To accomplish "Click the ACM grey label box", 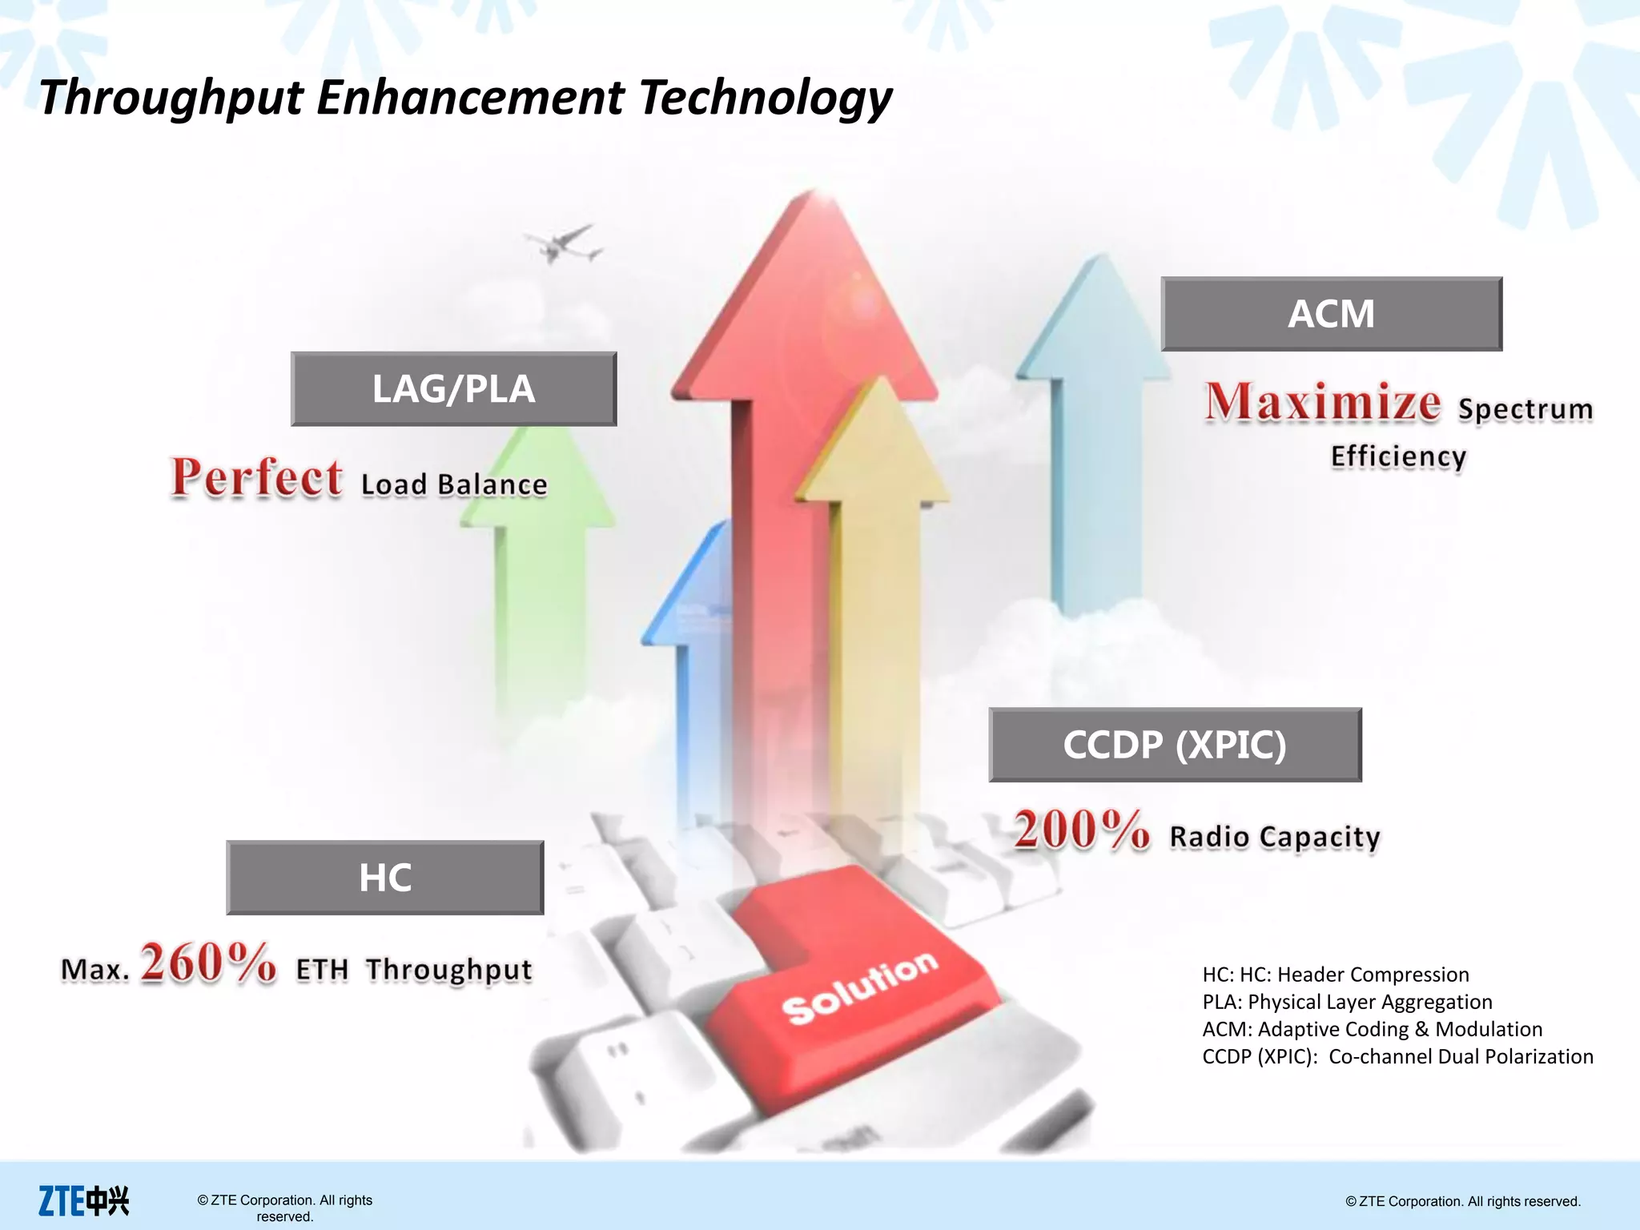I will click(1331, 314).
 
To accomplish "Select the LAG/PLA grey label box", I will click(453, 389).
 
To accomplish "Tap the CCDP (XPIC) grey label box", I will click(1175, 745).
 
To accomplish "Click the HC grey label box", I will click(385, 878).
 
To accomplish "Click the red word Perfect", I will click(257, 478).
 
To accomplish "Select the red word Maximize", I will click(1323, 403).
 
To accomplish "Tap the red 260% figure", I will click(208, 963).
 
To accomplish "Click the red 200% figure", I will click(1081, 830).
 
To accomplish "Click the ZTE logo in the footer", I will click(83, 1200).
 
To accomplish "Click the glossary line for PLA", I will click(1347, 1002).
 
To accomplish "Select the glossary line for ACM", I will click(1372, 1029).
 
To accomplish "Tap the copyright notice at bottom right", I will click(1462, 1201).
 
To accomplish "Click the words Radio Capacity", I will click(1275, 838).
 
